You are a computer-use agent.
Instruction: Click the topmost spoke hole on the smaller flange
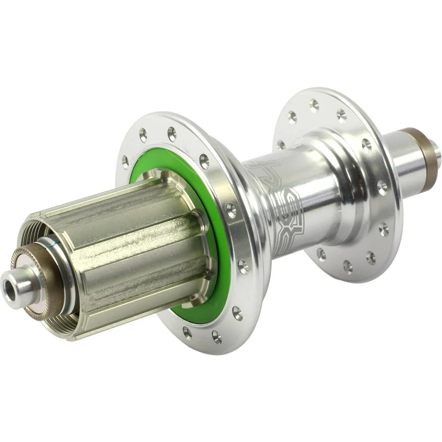pyautogui.click(x=314, y=104)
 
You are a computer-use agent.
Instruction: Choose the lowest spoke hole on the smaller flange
pyautogui.click(x=348, y=266)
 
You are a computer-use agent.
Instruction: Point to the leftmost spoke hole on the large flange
pyautogui.click(x=126, y=162)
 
